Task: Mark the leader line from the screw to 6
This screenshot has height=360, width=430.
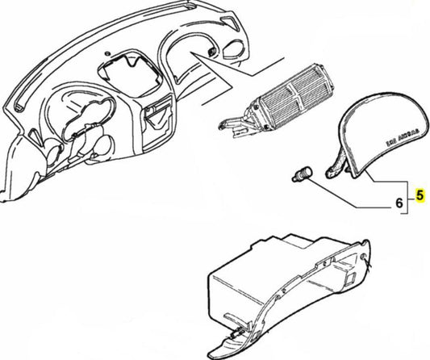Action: [347, 194]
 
